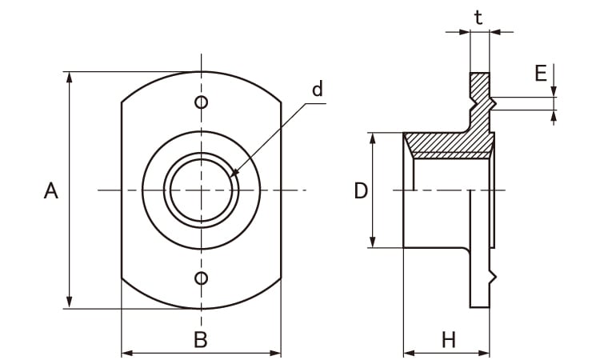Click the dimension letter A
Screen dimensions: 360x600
[51, 191]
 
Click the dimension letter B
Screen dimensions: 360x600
[201, 340]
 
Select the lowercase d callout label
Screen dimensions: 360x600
[318, 90]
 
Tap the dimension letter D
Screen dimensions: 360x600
[361, 191]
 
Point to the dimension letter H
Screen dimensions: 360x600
[448, 340]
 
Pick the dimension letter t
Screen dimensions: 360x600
[478, 18]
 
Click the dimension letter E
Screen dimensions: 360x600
[541, 74]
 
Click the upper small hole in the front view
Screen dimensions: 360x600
[202, 102]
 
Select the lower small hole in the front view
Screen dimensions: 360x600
[202, 278]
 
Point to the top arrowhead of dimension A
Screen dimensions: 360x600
[70, 77]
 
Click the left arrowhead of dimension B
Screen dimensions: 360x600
[126, 352]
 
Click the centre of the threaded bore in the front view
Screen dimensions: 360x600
[202, 190]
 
